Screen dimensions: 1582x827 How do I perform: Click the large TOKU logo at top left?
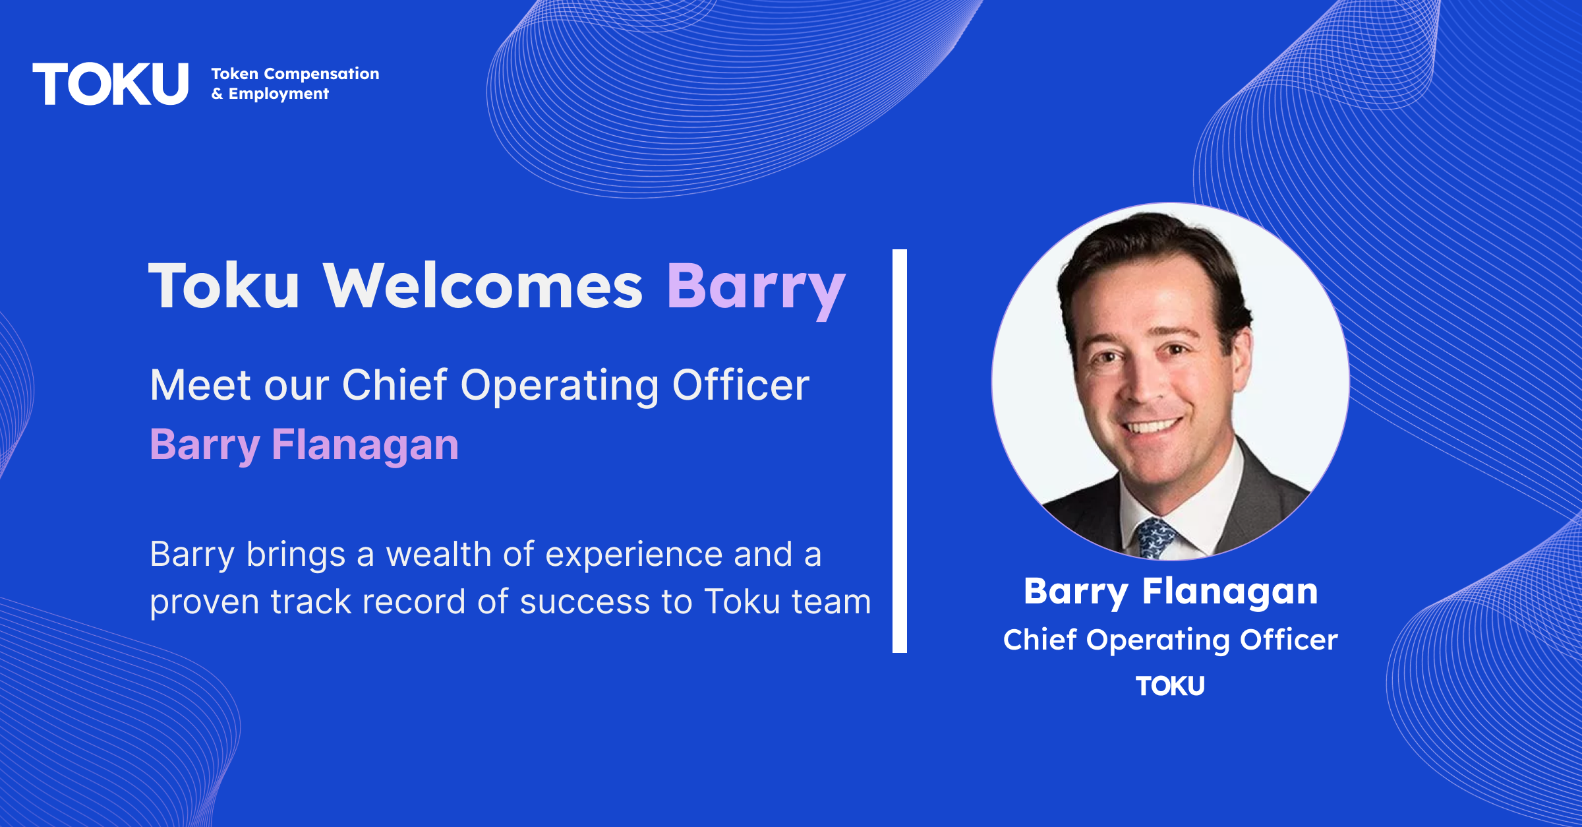111,84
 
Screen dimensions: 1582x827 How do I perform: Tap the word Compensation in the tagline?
322,74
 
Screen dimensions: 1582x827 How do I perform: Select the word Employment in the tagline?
278,94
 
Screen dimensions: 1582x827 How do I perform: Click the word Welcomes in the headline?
483,286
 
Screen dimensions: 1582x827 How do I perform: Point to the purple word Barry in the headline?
756,290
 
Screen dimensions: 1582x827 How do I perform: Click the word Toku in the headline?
224,286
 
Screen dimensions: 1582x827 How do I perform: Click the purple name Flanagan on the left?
365,446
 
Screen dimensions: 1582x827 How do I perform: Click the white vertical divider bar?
900,451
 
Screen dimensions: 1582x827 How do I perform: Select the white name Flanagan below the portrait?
1230,592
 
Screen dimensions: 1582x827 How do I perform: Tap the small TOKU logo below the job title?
1170,687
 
